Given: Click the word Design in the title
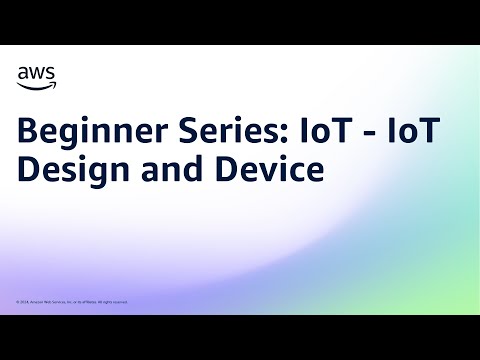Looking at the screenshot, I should (x=66, y=170).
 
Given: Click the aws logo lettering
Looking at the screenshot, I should (x=37, y=72).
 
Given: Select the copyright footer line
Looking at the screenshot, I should (x=72, y=301).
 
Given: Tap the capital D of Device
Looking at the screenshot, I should (x=217, y=170).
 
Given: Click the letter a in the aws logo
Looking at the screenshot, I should (x=24, y=73).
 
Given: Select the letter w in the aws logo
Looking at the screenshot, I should (x=37, y=73).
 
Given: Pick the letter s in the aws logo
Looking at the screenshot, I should (x=51, y=73).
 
